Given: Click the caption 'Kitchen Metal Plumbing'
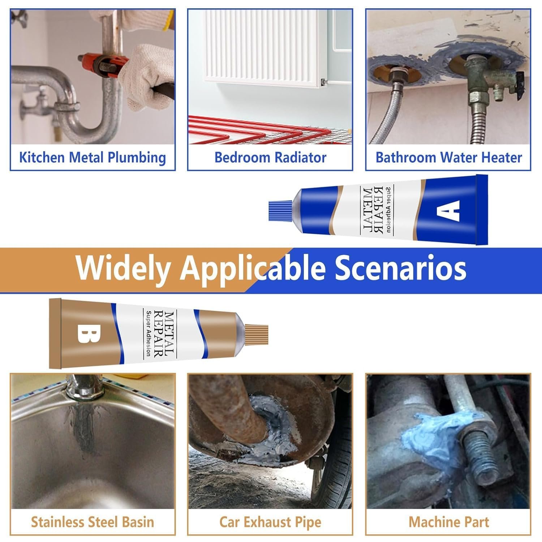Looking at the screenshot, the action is pyautogui.click(x=93, y=158).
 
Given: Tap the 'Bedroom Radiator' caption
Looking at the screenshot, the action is pyautogui.click(x=270, y=158).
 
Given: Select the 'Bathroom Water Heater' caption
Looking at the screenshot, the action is pyautogui.click(x=449, y=158).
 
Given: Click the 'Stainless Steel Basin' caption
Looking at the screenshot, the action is pyautogui.click(x=93, y=522).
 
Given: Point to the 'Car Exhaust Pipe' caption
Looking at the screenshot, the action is pyautogui.click(x=270, y=522).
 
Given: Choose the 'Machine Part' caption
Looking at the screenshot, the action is pyautogui.click(x=449, y=522).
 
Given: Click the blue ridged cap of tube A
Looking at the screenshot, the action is pyautogui.click(x=280, y=211).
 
